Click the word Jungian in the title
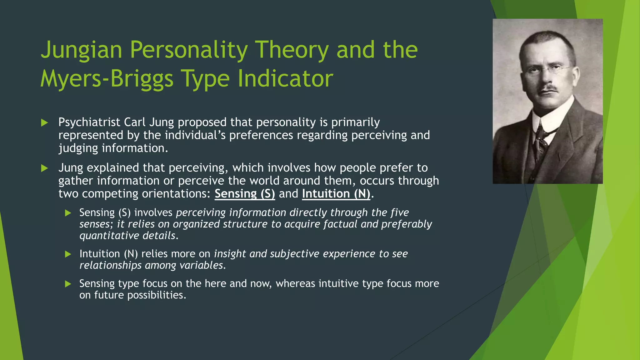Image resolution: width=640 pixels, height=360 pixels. [x=81, y=50]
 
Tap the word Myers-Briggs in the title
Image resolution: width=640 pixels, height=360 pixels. [x=107, y=79]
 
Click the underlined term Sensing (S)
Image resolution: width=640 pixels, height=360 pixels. [x=245, y=194]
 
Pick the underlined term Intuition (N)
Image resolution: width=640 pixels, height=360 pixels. [x=336, y=194]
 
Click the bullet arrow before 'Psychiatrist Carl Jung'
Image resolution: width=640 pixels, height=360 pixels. [x=44, y=122]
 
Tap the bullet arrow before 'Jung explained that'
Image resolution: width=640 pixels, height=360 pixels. [x=44, y=168]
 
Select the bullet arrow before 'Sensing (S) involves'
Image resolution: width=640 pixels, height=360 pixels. [x=68, y=213]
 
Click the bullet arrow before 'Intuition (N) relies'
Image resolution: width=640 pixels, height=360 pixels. [x=68, y=254]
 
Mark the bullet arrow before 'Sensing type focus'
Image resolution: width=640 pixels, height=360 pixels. [x=68, y=284]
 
